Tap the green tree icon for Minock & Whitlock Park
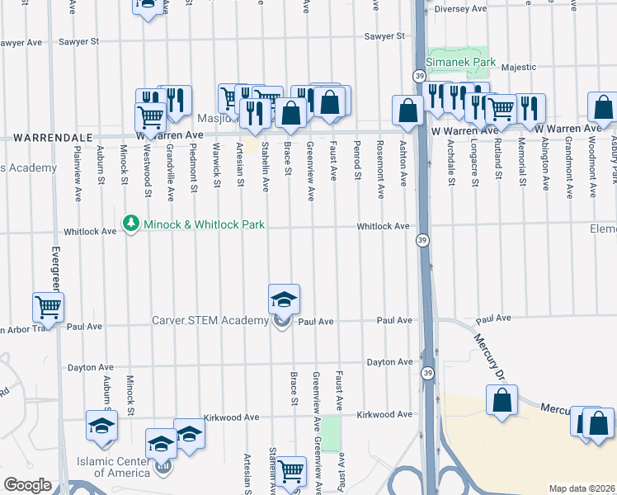tap(130, 224)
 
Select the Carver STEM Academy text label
tap(210, 321)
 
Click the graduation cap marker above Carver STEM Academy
tap(284, 299)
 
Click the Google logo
tap(27, 485)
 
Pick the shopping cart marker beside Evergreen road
tap(49, 308)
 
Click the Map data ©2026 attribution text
tap(582, 488)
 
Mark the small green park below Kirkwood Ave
tap(331, 434)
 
